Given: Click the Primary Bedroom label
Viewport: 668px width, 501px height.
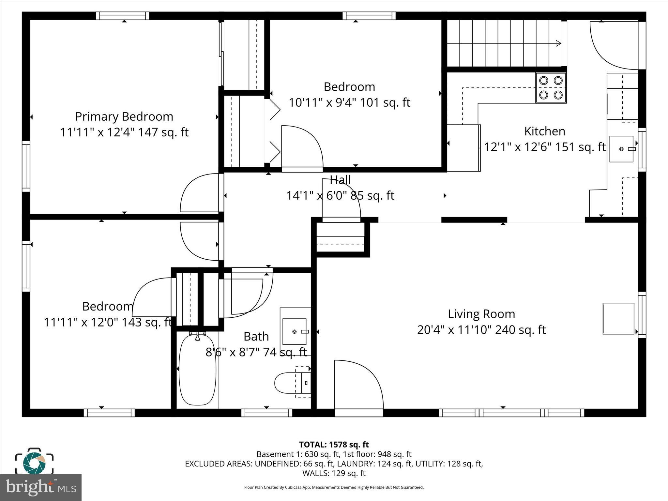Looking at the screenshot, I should click(124, 117).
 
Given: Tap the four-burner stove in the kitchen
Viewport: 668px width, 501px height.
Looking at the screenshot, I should click(551, 88).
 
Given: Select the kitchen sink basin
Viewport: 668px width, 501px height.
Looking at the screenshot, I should click(621, 149).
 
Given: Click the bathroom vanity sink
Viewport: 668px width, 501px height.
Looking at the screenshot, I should click(294, 332).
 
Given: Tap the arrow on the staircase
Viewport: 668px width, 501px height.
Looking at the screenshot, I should click(558, 43).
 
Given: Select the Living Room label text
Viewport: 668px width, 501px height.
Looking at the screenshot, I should click(481, 314).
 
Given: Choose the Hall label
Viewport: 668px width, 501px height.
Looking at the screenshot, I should click(340, 180).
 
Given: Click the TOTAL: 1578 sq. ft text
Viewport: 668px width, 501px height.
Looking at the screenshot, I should click(334, 445).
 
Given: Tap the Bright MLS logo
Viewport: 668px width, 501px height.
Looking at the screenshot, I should click(41, 488).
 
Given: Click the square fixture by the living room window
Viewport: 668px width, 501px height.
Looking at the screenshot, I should click(618, 319).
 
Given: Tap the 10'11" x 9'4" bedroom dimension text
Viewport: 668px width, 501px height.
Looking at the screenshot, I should click(349, 103).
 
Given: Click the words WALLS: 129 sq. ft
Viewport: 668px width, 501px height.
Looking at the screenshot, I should click(334, 473).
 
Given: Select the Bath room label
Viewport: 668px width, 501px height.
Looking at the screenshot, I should click(256, 337).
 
